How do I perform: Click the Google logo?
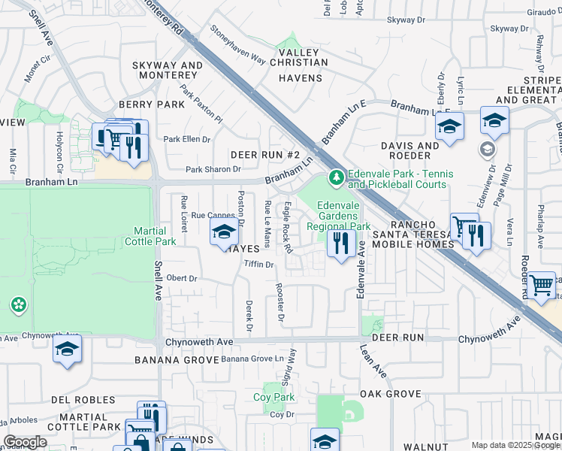click(x=25, y=442)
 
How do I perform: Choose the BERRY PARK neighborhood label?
click(x=151, y=105)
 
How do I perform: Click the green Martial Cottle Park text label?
click(x=155, y=236)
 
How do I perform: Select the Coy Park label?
click(x=273, y=397)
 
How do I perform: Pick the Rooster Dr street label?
click(x=280, y=303)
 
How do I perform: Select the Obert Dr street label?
click(x=181, y=277)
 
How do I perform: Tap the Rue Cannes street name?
click(x=208, y=216)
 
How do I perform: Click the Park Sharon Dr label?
click(x=213, y=169)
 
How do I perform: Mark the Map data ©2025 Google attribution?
click(x=515, y=445)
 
